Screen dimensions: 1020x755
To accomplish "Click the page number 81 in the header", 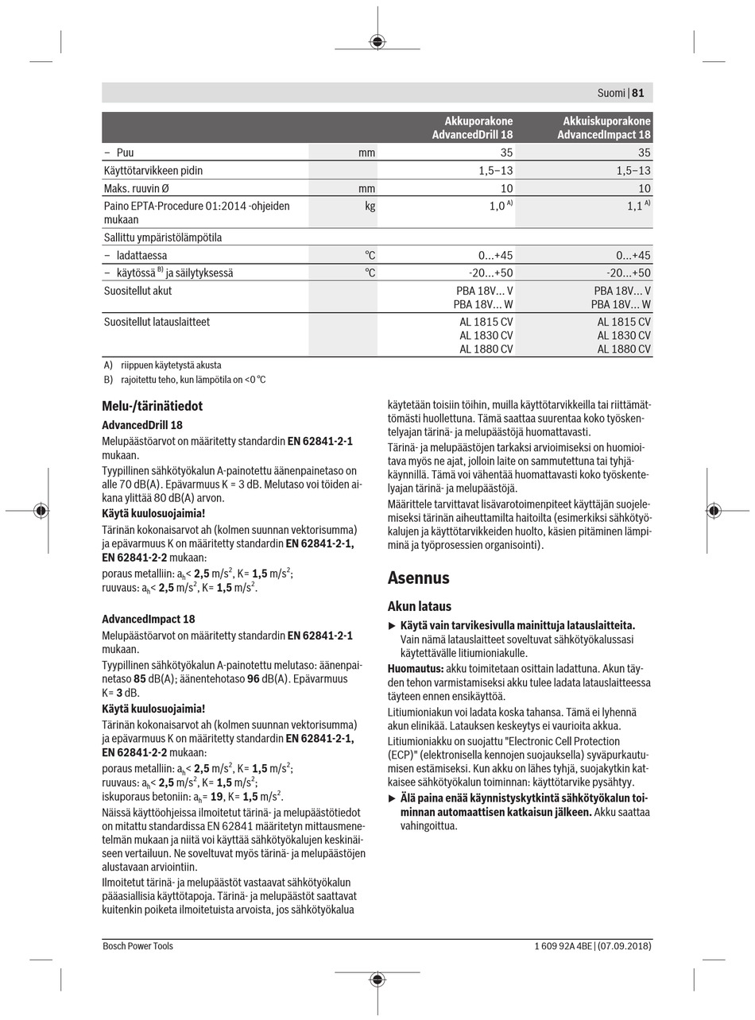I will tap(638, 93).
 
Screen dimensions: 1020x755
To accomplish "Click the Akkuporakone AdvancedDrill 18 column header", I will tap(472, 128).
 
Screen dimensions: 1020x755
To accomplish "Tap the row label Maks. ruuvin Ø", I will tap(136, 188).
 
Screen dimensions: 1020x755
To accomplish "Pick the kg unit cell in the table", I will tap(369, 206).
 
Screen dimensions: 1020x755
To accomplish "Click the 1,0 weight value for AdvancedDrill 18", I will tap(497, 206).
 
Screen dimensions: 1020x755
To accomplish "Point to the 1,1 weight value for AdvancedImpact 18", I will tap(634, 206).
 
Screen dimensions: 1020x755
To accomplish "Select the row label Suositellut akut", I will tap(137, 291).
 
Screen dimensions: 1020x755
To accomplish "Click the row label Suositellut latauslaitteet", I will tap(157, 322).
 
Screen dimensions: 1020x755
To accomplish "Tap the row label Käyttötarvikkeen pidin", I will tap(153, 170).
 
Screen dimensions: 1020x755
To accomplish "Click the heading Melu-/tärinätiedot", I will tap(152, 406).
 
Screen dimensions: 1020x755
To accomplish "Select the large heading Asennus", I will tap(418, 578).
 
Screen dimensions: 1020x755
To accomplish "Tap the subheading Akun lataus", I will tap(419, 606).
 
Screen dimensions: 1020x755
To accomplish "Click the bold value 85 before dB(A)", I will tap(140, 679).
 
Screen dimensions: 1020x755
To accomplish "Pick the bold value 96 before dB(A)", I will tap(254, 679).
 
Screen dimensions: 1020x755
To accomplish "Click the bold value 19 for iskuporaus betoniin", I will tap(216, 796).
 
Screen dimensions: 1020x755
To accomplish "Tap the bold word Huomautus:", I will tap(415, 669).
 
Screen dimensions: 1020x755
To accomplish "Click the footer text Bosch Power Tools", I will tap(137, 946).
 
